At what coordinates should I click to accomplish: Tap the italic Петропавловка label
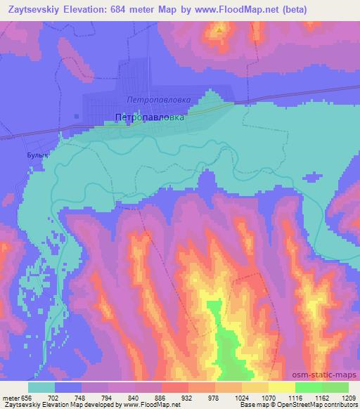point(158,100)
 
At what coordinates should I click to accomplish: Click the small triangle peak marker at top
point(219,30)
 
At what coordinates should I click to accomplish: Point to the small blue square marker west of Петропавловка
point(77,116)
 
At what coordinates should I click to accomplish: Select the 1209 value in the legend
point(348,396)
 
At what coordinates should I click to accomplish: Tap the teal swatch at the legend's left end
point(41,387)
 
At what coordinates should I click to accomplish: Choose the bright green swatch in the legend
point(309,387)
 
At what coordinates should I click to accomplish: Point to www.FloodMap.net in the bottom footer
point(150,405)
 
